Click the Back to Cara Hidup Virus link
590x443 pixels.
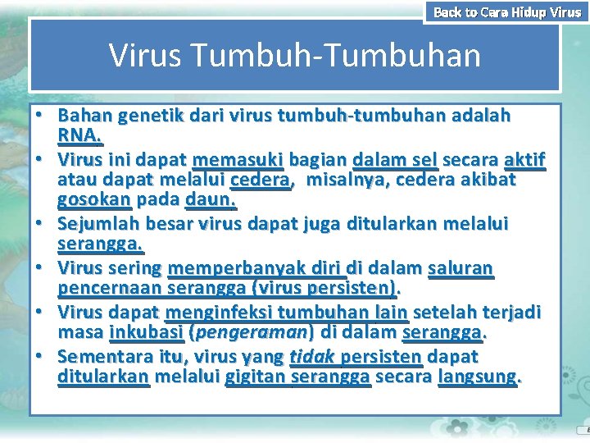(x=506, y=11)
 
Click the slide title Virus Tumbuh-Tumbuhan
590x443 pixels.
(x=294, y=56)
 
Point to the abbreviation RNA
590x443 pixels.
(x=79, y=135)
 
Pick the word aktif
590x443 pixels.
(x=524, y=160)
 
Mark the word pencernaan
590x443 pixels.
(x=110, y=288)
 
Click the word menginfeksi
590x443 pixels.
(x=219, y=312)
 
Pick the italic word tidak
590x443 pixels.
(x=311, y=357)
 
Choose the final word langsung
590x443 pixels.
(x=480, y=377)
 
